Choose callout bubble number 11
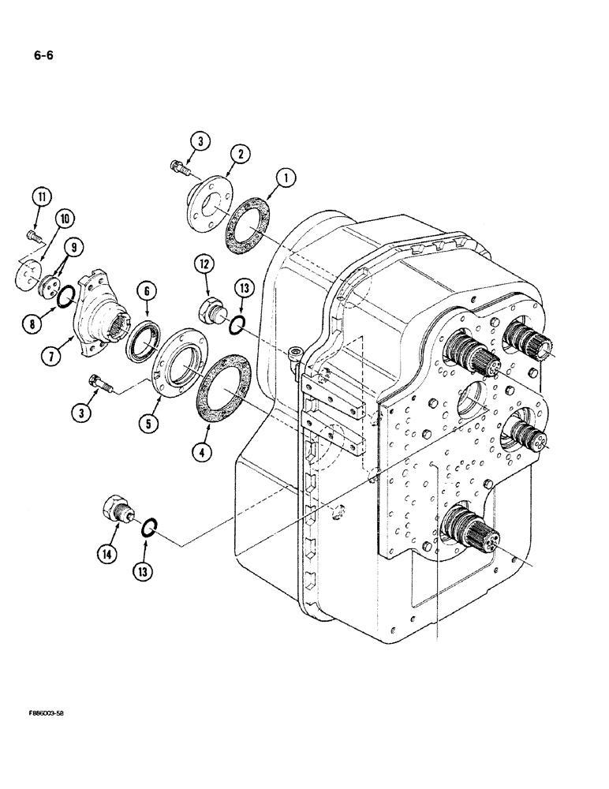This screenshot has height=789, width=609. coord(39,196)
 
